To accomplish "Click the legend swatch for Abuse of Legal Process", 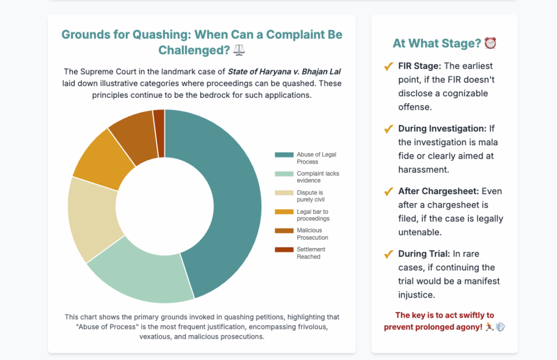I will coord(284,155).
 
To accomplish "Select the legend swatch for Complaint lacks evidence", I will coord(284,174).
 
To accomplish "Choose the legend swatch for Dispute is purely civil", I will coord(284,193).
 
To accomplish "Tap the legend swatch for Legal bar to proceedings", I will coord(284,212).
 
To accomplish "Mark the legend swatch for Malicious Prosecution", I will coord(284,231).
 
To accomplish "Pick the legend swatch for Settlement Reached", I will coord(284,250).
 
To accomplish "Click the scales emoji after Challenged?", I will coord(239,50).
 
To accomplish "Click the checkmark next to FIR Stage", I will coord(388,66).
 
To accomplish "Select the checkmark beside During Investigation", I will coord(388,129).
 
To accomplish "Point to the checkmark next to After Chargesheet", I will coord(388,191).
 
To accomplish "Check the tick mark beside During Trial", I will coord(388,254).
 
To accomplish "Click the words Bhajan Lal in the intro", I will coord(324,72).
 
